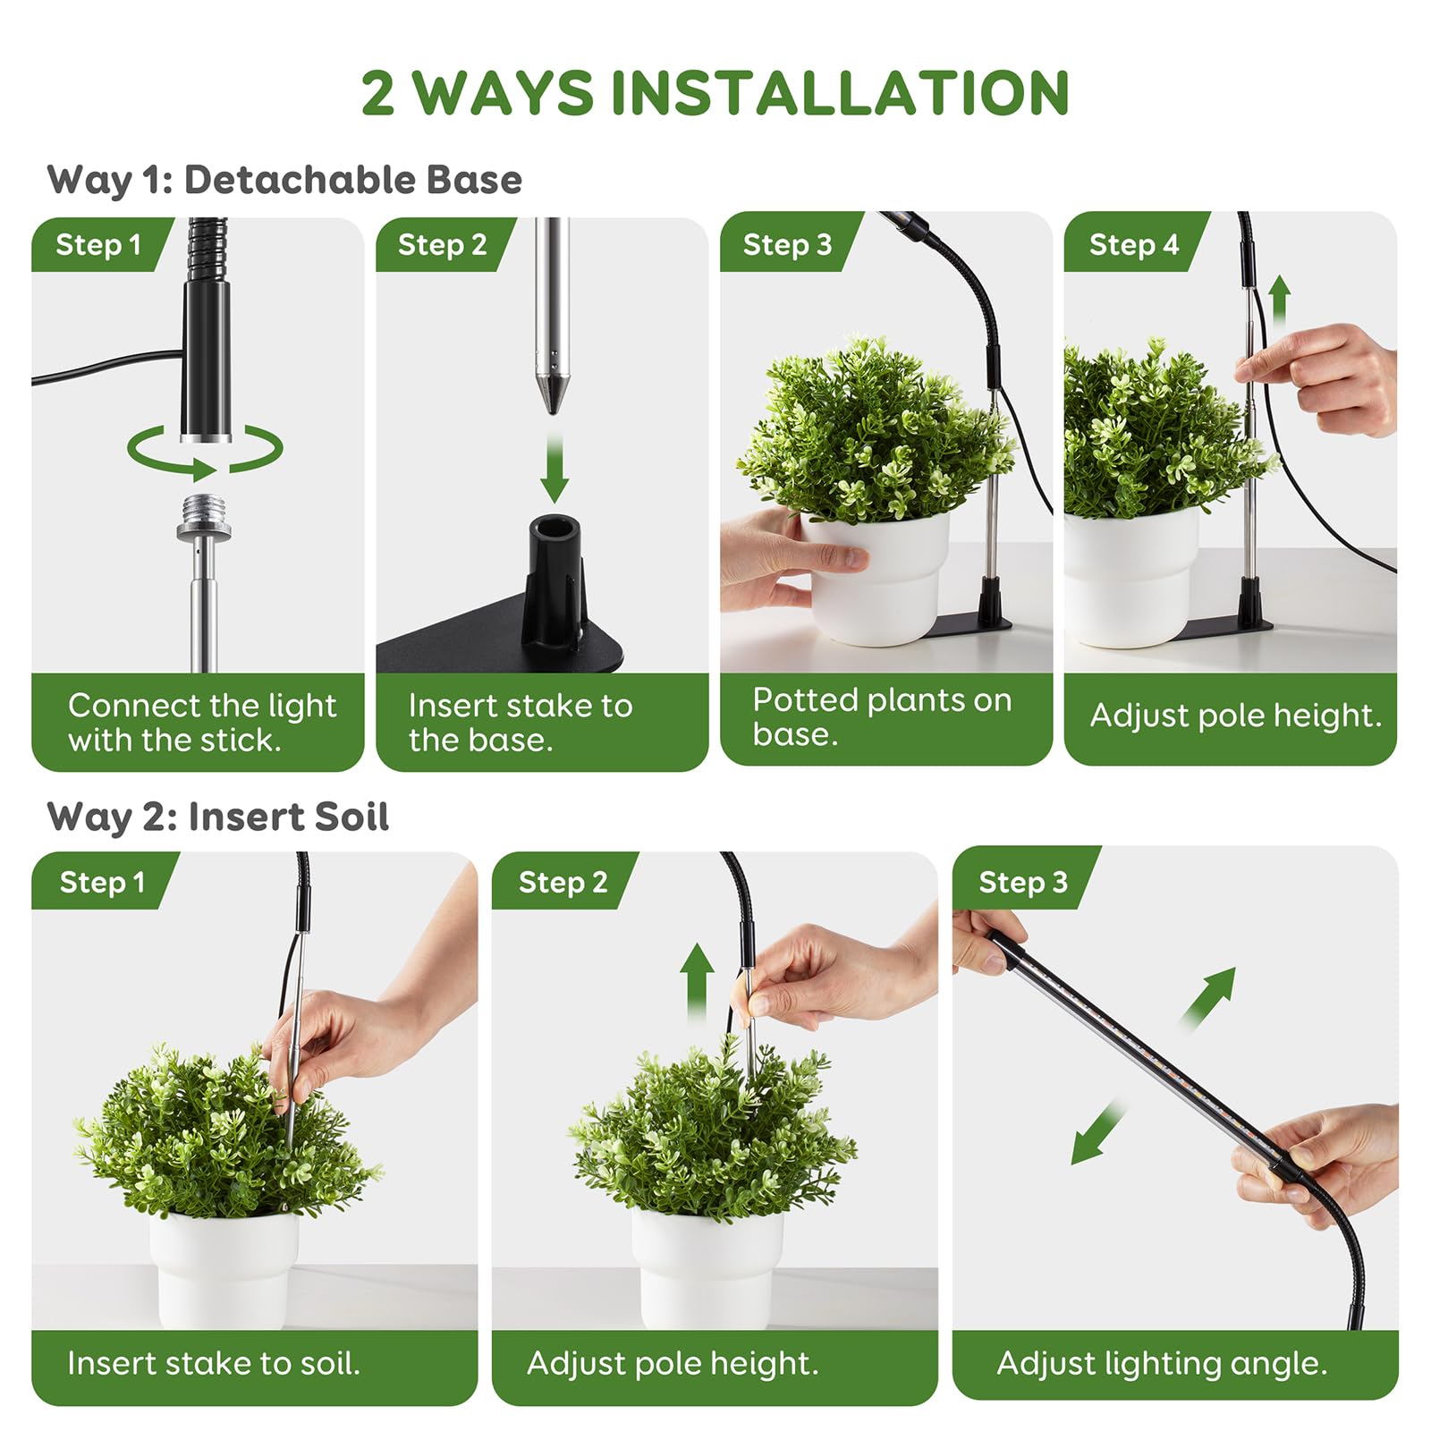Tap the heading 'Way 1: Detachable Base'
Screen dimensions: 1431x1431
pos(284,180)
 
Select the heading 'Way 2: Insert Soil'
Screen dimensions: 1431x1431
pos(217,817)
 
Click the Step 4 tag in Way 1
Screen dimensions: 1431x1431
pos(1133,244)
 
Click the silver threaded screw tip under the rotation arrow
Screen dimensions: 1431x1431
pos(204,514)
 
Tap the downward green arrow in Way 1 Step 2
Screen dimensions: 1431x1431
pos(555,470)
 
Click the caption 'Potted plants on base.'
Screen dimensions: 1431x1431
pos(881,716)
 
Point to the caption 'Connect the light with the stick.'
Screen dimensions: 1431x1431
pos(201,723)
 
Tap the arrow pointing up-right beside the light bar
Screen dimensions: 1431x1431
pos(1210,995)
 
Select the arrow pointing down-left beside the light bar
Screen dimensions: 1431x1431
pos(1097,1133)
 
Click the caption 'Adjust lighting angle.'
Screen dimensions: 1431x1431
pos(1161,1363)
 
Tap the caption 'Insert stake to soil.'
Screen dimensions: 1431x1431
pos(213,1363)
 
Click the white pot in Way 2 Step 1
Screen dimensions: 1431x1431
pos(224,1270)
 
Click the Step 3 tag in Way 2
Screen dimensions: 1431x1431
pos(1022,882)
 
